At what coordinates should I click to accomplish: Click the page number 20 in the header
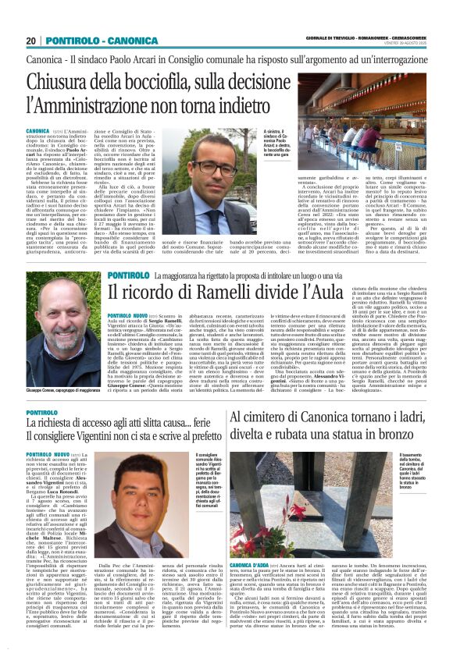click(x=31, y=41)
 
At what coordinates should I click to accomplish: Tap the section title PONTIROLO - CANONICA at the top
click(x=93, y=41)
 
